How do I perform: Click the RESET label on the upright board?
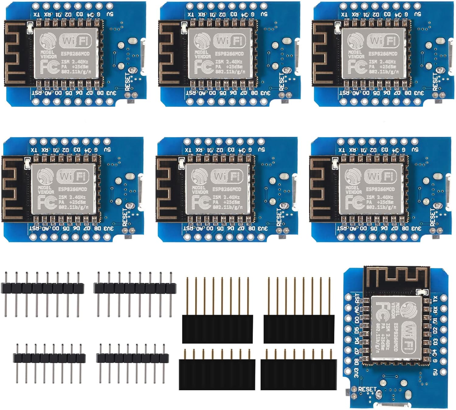click(x=367, y=389)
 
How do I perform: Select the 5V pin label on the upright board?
click(x=435, y=372)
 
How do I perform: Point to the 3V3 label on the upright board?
click(x=357, y=373)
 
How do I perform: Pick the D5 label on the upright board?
click(x=357, y=330)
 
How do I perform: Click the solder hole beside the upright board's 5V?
click(x=444, y=372)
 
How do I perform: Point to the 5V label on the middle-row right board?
click(x=415, y=150)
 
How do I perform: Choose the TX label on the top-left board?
click(x=36, y=14)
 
